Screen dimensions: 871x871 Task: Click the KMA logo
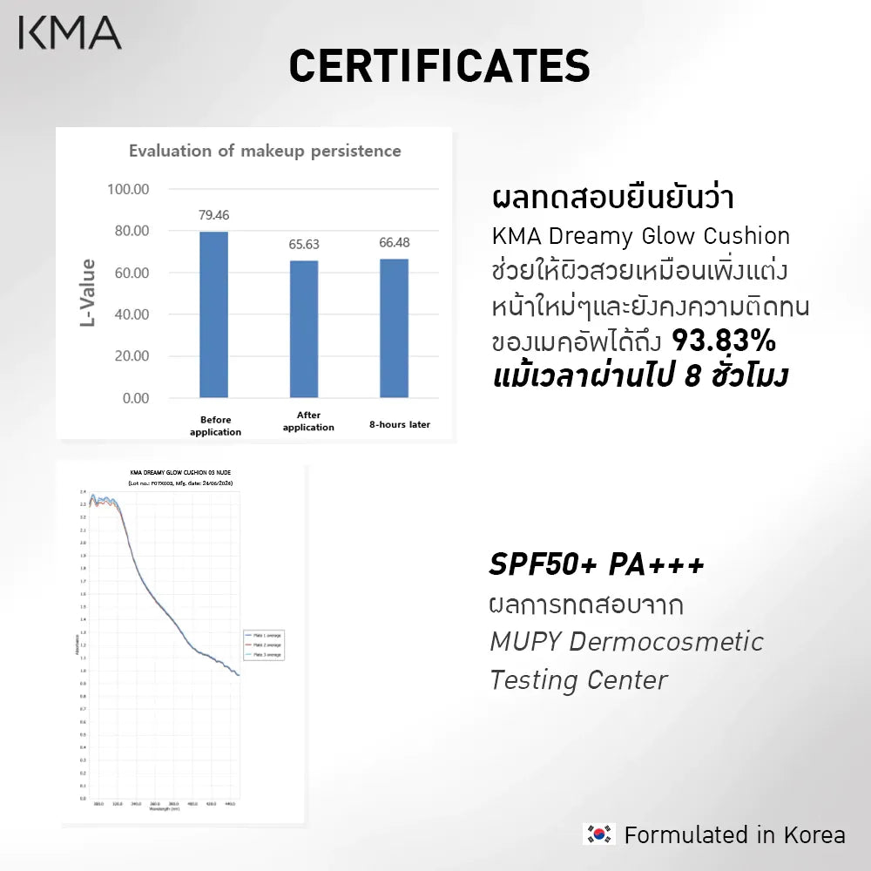70,32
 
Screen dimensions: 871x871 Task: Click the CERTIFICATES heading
439,66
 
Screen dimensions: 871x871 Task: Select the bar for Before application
213,314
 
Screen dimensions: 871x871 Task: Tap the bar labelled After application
304,329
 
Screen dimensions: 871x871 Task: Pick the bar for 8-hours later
394,327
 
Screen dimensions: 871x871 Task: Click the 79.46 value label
213,215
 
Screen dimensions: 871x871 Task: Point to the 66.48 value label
394,242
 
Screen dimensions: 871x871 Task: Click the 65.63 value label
304,245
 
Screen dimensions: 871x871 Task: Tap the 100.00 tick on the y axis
128,189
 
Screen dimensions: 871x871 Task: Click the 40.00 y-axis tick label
128,314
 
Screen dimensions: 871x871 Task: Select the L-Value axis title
88,293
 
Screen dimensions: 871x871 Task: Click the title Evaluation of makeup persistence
265,151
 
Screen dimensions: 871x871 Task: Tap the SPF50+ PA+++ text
597,564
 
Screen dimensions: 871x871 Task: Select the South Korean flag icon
598,834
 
